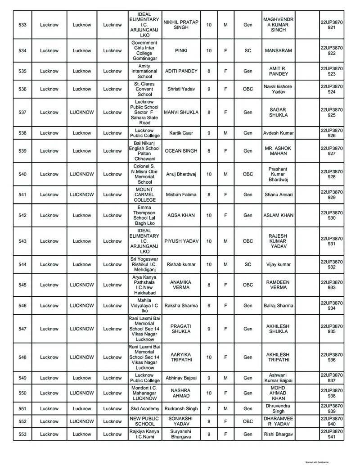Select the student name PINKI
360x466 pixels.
coord(181,51)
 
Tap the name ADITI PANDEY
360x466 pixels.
coord(181,71)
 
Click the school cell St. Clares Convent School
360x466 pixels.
coord(144,89)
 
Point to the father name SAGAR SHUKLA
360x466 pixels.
coord(278,113)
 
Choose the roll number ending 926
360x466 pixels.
coord(332,133)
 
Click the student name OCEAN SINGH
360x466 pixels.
coord(181,151)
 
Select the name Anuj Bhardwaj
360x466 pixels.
coord(181,174)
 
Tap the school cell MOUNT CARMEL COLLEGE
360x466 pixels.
coord(144,195)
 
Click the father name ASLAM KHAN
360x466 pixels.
coord(278,215)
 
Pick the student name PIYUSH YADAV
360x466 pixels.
coord(181,241)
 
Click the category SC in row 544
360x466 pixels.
coord(248,264)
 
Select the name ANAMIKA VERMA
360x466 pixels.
coord(181,285)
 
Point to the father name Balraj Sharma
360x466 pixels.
coord(278,306)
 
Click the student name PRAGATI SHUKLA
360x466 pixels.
coord(181,329)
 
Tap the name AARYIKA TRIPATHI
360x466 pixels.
coord(181,357)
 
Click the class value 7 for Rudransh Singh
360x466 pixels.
coord(209,409)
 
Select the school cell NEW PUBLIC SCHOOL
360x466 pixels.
coord(144,421)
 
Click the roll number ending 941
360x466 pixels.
coord(332,434)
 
